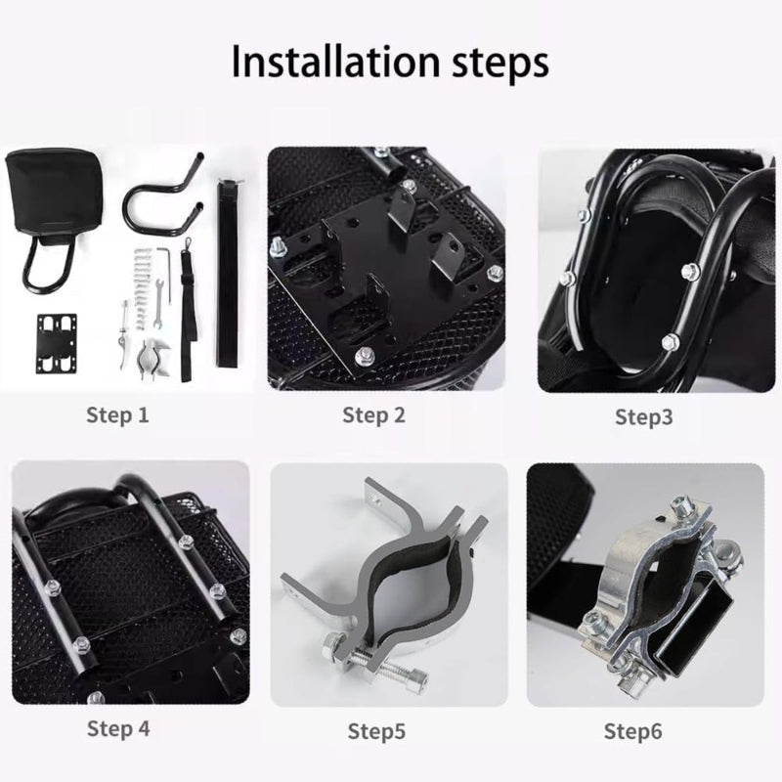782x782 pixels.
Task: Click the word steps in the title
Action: point(500,65)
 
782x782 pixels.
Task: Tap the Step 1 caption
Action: point(117,414)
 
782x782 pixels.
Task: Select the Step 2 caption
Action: point(374,414)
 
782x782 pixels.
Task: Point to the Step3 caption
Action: point(644,417)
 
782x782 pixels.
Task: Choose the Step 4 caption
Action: point(118,728)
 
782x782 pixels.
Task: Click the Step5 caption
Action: point(376,731)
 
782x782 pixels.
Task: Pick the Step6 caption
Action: point(632,731)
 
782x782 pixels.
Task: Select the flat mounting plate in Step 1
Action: point(58,343)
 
